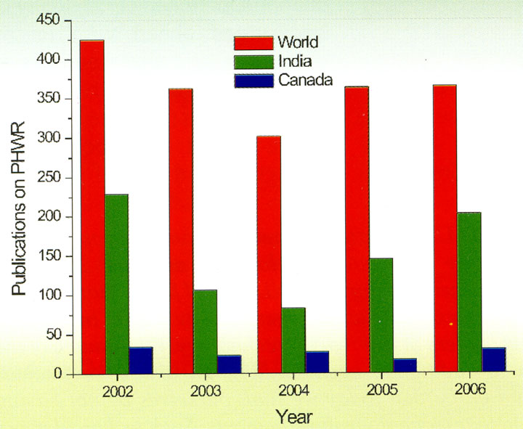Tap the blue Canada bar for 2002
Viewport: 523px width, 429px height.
point(140,360)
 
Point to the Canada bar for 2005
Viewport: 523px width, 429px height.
point(405,366)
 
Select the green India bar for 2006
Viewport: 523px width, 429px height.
point(469,293)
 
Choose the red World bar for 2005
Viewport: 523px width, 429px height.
point(357,230)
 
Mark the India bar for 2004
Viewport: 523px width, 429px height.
point(293,340)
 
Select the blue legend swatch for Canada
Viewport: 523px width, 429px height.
point(252,81)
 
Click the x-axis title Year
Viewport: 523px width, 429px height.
point(294,416)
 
